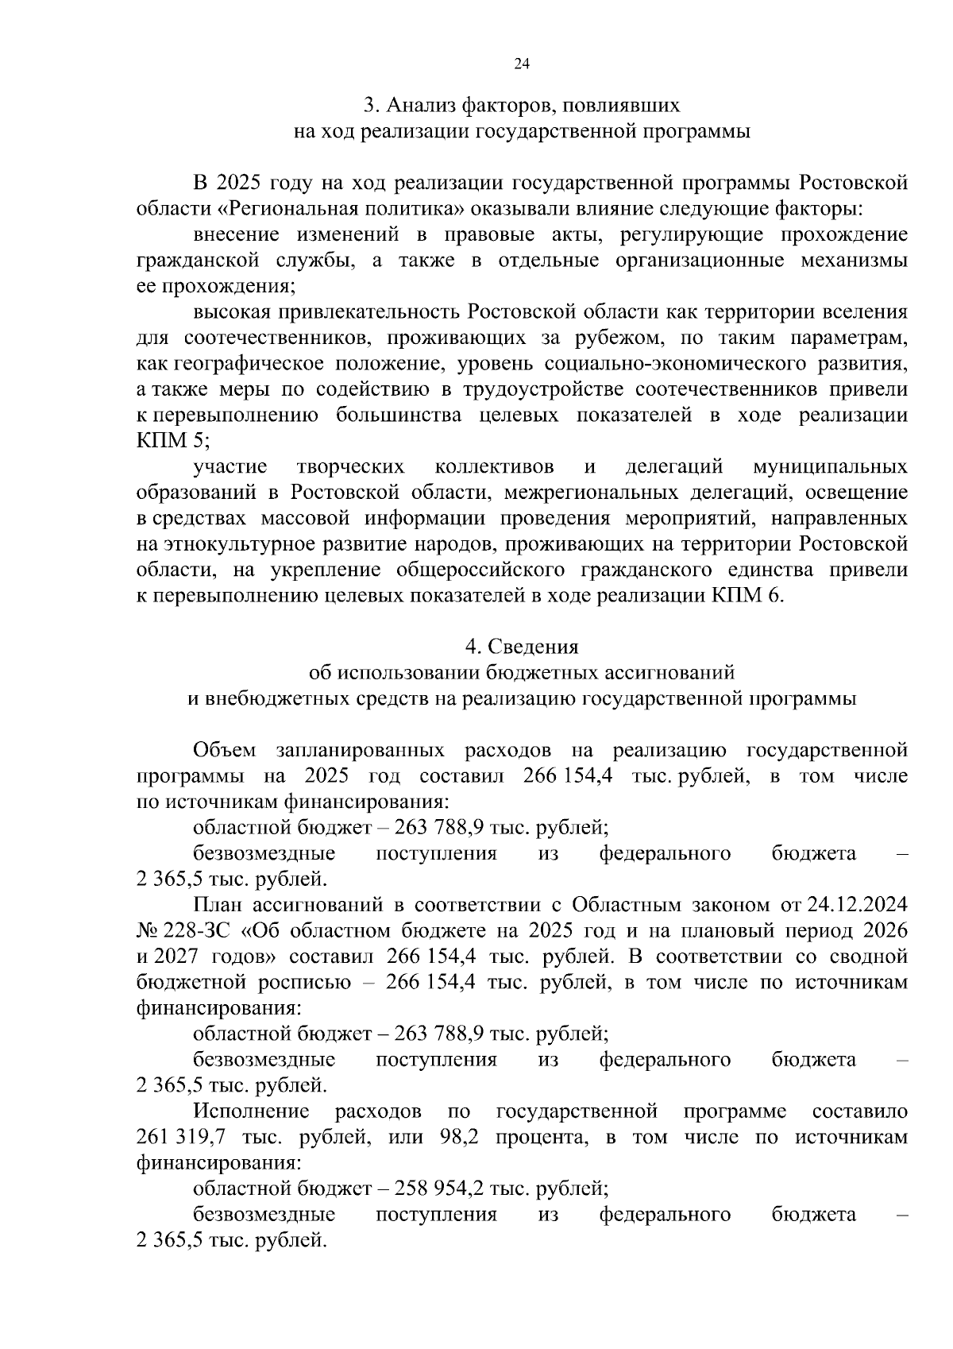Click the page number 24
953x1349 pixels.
(522, 65)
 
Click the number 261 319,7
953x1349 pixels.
(176, 1138)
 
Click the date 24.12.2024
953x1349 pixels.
(857, 906)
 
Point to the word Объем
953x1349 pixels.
(225, 751)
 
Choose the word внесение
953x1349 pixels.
(236, 235)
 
